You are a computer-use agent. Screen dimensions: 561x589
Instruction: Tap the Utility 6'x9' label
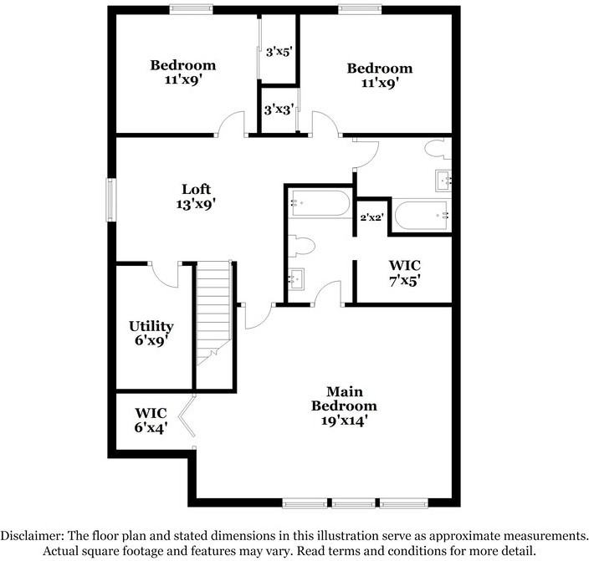pyautogui.click(x=151, y=333)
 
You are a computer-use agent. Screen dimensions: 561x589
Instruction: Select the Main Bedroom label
pyautogui.click(x=344, y=406)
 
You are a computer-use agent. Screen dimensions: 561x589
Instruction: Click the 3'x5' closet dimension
pyautogui.click(x=277, y=52)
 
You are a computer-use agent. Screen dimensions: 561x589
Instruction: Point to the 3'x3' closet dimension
pyautogui.click(x=277, y=110)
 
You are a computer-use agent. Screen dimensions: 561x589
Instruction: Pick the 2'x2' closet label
pyautogui.click(x=370, y=217)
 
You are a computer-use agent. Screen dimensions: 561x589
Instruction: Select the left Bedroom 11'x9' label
pyautogui.click(x=182, y=72)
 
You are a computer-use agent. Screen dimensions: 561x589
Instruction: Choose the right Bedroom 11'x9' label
pyautogui.click(x=380, y=75)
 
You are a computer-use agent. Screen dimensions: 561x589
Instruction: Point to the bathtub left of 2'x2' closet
pyautogui.click(x=319, y=205)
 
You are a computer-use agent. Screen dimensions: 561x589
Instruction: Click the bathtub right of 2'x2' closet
pyautogui.click(x=422, y=216)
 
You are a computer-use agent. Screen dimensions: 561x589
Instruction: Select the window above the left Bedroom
pyautogui.click(x=191, y=9)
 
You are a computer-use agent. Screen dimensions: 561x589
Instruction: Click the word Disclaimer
pyautogui.click(x=40, y=535)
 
